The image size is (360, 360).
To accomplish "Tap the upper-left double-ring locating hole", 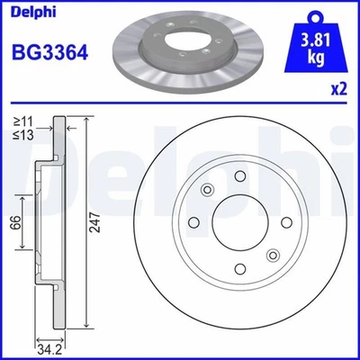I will click(206, 189).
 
